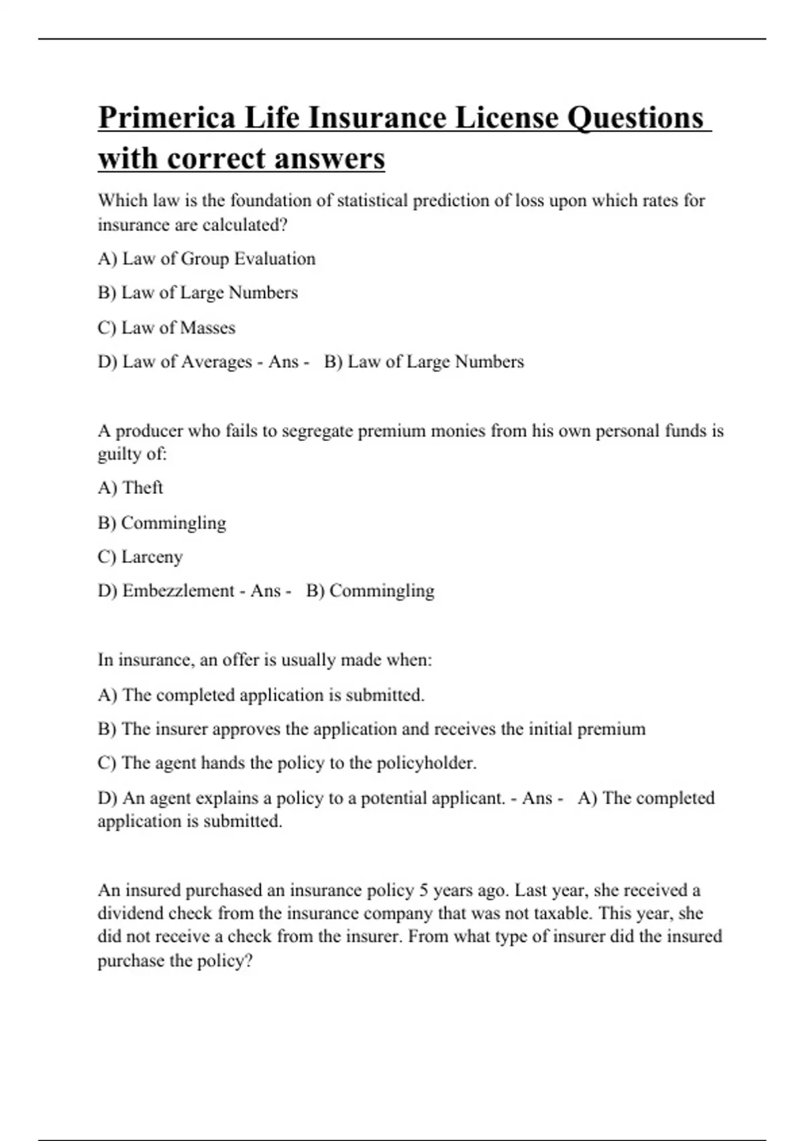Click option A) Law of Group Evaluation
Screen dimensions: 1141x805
207,259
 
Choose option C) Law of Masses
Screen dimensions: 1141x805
166,328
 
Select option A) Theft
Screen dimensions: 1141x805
130,488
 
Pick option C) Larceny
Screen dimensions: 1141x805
140,557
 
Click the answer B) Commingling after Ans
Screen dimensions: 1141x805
370,591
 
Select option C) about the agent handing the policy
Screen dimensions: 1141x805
287,764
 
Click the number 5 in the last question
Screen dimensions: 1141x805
423,891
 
